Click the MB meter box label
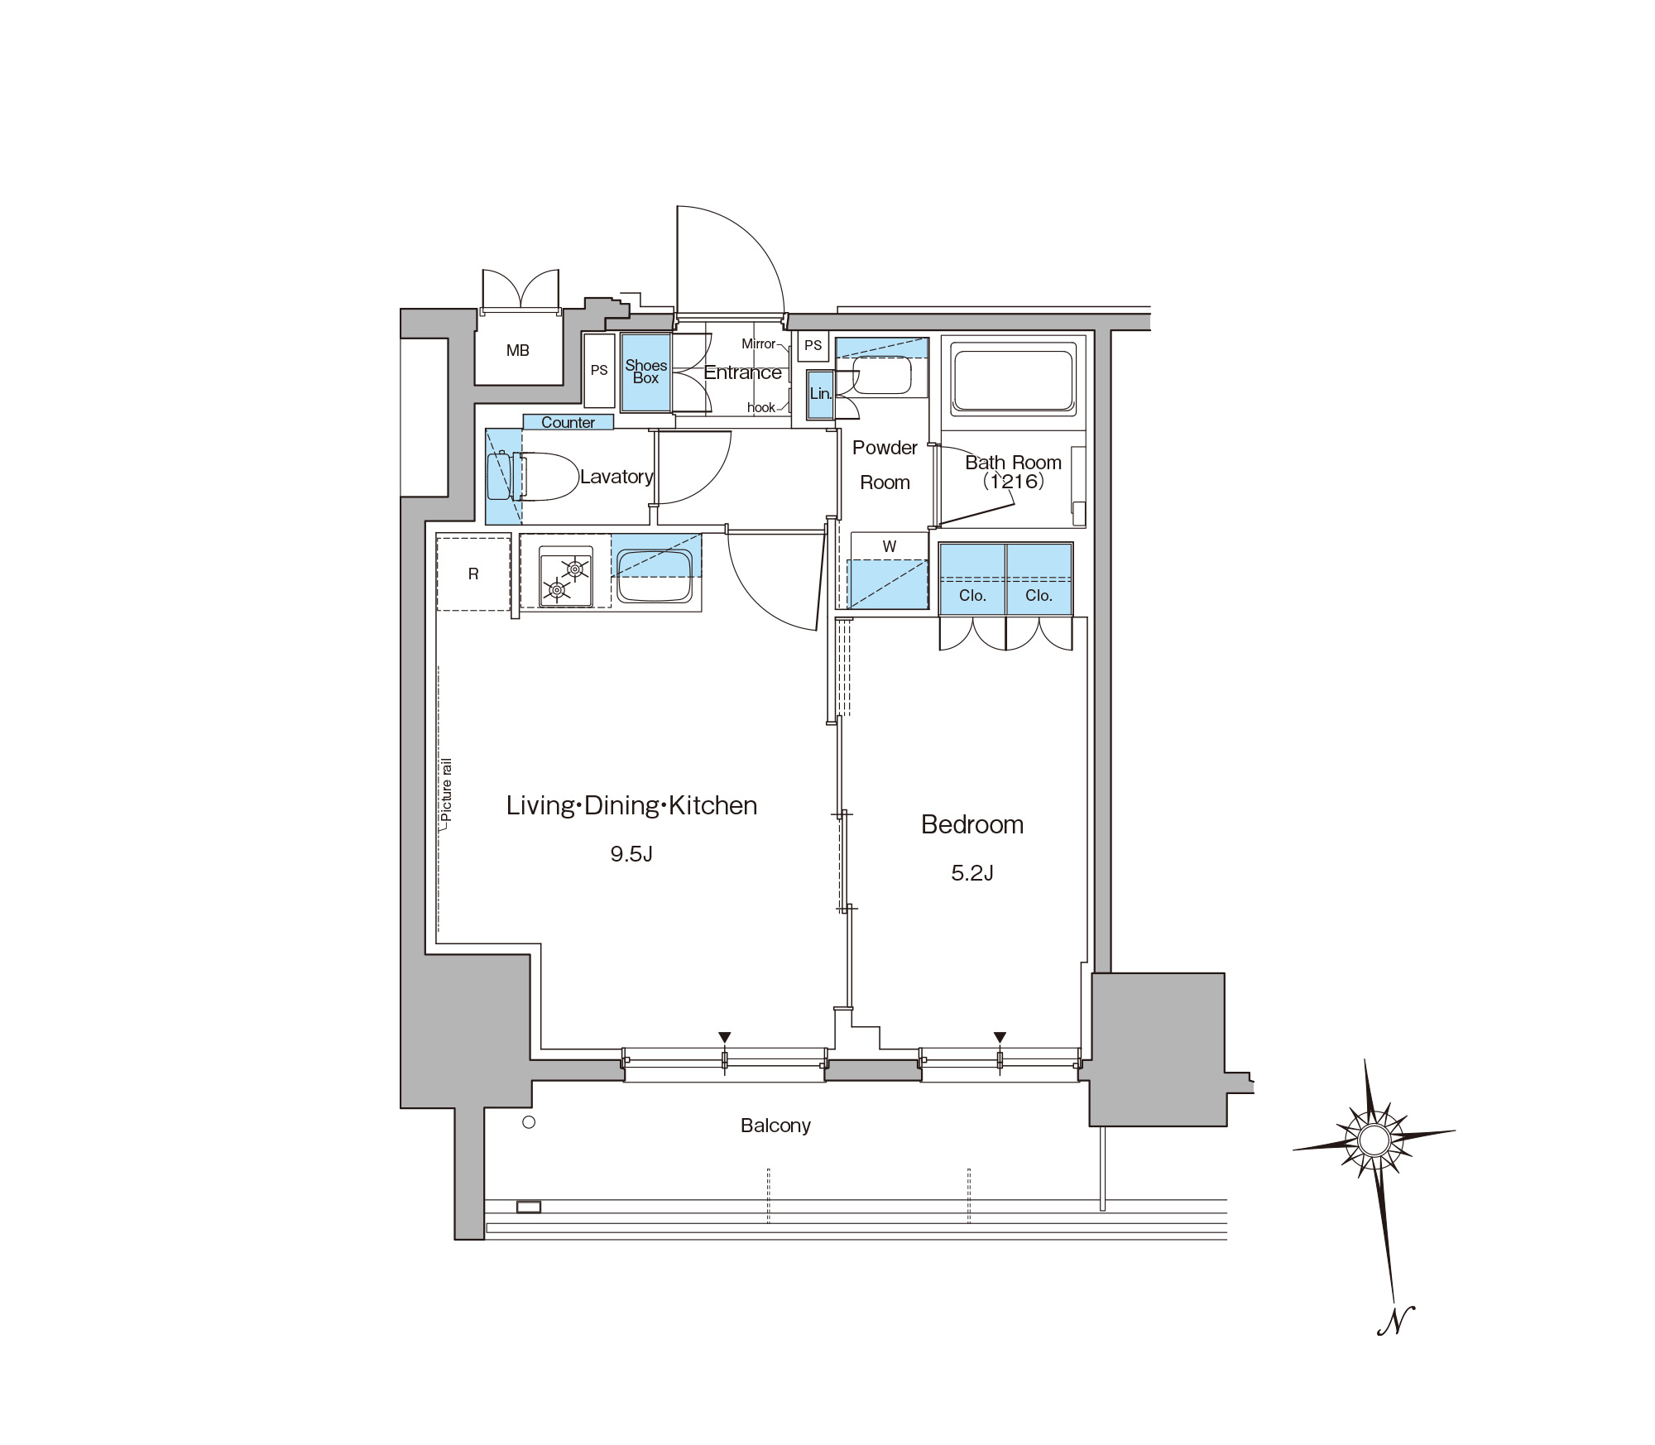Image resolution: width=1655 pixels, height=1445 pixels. tap(518, 350)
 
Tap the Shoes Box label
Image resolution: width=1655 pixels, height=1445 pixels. tap(645, 372)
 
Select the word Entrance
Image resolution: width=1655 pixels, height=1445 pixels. tap(742, 372)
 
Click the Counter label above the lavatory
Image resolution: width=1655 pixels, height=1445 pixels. tap(568, 422)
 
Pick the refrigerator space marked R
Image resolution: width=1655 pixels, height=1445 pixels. tap(473, 574)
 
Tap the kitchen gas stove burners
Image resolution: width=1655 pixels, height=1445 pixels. tap(566, 577)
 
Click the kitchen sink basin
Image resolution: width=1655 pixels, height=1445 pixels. tap(655, 577)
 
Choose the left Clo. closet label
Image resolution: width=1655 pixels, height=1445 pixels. tap(972, 596)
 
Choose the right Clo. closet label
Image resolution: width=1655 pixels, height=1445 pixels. tap(1039, 596)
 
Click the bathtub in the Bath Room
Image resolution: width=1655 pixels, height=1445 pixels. tap(1014, 381)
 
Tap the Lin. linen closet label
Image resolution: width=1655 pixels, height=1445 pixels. tap(821, 394)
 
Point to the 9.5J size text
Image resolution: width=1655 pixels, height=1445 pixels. tap(631, 854)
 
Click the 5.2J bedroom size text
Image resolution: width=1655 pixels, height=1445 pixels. tap(972, 873)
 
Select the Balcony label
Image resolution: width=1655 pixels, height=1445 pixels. tap(775, 1126)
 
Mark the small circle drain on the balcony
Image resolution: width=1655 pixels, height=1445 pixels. tap(530, 1122)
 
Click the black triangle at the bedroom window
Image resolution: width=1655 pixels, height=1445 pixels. tap(1000, 1038)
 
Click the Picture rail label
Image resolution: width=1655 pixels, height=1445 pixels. tap(447, 790)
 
